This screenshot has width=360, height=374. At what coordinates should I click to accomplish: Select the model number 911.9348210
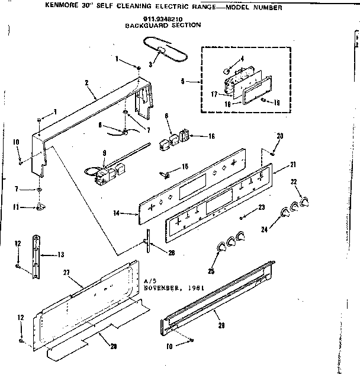[x=144, y=19]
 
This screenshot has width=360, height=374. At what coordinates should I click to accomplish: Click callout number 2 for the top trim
[x=86, y=82]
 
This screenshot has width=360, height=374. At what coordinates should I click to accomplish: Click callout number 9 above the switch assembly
[x=104, y=154]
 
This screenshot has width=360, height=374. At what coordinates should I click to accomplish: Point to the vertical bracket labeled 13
[x=36, y=252]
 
